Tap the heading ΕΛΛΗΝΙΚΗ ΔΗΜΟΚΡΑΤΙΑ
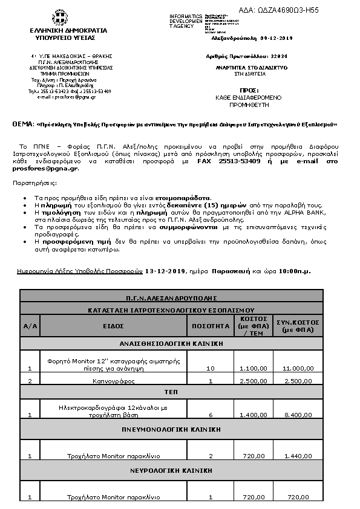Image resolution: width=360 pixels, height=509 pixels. tap(68, 30)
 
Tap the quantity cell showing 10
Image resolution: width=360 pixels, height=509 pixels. tap(211, 368)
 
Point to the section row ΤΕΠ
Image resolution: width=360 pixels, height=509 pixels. tap(171, 392)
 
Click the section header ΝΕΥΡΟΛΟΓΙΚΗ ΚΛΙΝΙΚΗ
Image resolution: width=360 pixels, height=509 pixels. tap(171, 469)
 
